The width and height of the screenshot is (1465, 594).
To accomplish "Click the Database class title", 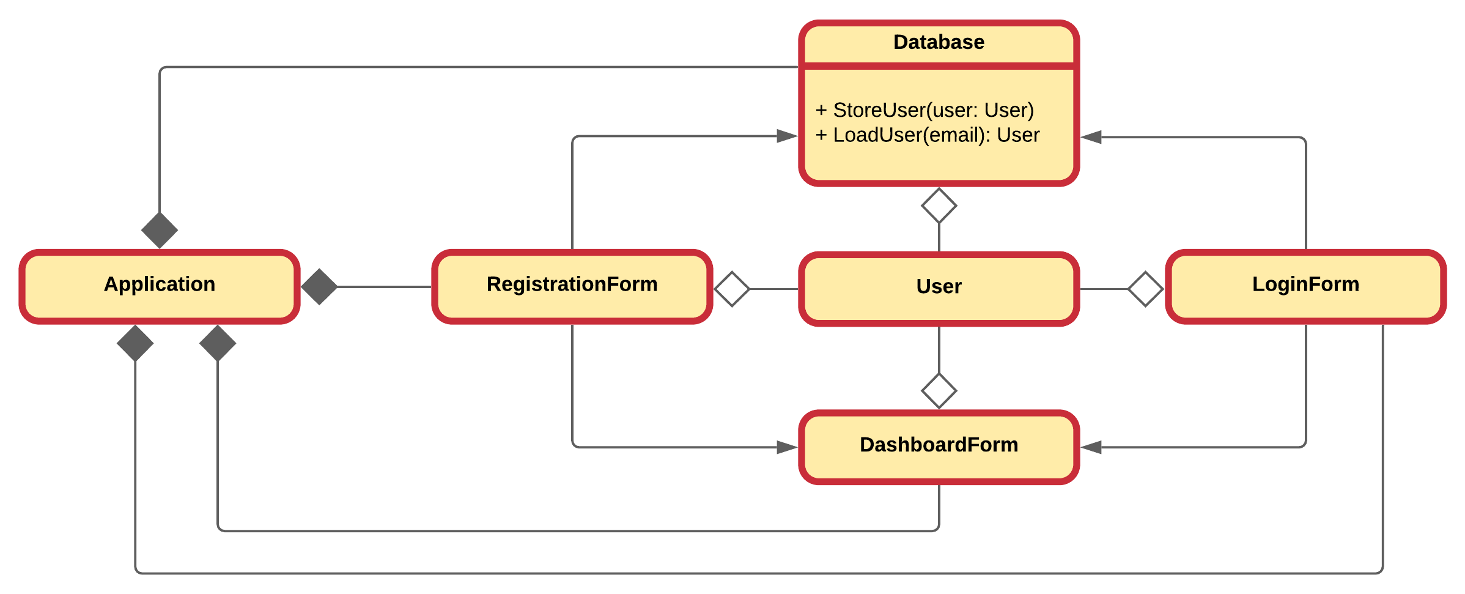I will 939,42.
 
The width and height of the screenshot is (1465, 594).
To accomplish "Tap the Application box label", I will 160,284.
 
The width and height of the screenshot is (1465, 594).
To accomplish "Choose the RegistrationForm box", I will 572,286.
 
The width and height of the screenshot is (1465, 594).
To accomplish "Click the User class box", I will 939,288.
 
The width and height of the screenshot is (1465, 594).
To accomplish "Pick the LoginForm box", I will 1305,285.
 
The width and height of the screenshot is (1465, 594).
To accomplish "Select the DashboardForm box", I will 939,446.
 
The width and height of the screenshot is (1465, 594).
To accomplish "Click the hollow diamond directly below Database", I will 939,206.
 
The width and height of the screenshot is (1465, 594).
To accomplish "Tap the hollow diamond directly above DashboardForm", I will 939,391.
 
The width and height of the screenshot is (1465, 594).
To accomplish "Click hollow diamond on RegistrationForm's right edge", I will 732,289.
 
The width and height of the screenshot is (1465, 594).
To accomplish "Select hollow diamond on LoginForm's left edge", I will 1145,289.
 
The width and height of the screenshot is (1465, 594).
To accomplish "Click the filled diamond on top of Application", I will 160,231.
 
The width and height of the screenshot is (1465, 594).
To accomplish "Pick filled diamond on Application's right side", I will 319,286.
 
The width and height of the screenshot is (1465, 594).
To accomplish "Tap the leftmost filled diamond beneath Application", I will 135,343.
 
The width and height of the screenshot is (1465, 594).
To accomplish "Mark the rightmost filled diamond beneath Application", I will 218,343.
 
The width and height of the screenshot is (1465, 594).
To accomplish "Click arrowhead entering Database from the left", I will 787,136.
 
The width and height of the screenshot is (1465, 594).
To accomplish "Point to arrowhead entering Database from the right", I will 1091,137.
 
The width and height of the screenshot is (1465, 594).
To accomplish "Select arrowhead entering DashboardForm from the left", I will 787,447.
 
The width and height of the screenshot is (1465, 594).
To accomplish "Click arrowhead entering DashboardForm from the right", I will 1091,447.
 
